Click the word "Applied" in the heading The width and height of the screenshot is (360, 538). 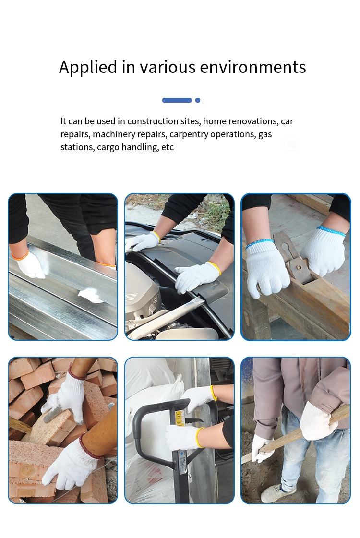88,67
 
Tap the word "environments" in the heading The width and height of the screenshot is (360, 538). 252,67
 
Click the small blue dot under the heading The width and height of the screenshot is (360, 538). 198,100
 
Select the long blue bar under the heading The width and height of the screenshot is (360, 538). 177,100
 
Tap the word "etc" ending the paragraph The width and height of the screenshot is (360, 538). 168,147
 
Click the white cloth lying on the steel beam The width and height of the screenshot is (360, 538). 91,295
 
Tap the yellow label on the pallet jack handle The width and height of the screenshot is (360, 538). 180,418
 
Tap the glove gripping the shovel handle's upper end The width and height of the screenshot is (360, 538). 318,421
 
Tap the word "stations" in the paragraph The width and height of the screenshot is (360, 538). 78,147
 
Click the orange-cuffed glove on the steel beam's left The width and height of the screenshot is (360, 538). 30,264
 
